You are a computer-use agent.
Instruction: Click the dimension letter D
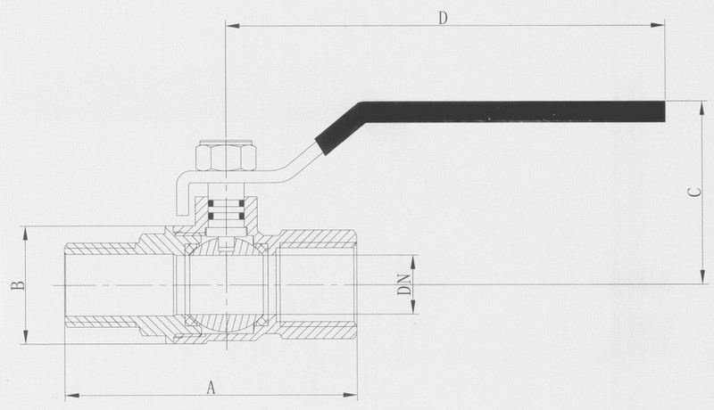point(443,18)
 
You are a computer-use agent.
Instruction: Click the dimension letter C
point(694,193)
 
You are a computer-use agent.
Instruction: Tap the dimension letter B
point(18,285)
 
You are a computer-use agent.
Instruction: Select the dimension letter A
point(211,388)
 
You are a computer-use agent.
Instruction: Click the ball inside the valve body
point(226,285)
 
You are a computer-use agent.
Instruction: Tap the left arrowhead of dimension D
point(233,25)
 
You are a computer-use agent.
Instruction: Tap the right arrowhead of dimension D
point(658,25)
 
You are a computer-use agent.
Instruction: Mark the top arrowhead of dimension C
point(702,108)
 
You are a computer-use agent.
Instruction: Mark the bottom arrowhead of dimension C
point(702,277)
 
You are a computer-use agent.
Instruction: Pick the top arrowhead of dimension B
point(26,234)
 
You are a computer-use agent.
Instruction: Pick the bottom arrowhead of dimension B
point(26,337)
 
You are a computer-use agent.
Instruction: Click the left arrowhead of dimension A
point(72,396)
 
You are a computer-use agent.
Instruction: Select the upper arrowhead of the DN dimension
point(413,262)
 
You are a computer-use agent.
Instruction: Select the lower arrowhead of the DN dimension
point(413,307)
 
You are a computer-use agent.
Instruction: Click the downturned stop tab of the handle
point(182,198)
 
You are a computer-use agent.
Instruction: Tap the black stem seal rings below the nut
point(226,209)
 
